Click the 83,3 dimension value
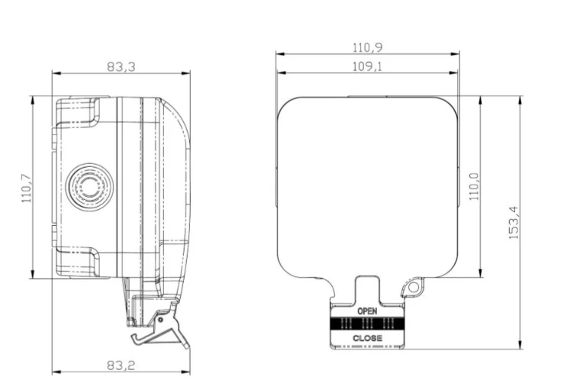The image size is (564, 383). click(121, 67)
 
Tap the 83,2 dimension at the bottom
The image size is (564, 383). click(121, 365)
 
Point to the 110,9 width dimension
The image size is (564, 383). click(367, 47)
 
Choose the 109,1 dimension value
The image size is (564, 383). click(367, 67)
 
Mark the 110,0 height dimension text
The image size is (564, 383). click(474, 187)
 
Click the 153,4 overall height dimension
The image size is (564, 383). click(514, 222)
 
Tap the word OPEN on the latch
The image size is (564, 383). click(368, 312)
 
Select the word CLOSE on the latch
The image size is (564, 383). click(368, 338)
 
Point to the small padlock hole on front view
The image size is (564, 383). click(414, 286)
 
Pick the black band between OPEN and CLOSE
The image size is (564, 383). click(368, 324)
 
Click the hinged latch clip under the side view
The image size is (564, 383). click(157, 326)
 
